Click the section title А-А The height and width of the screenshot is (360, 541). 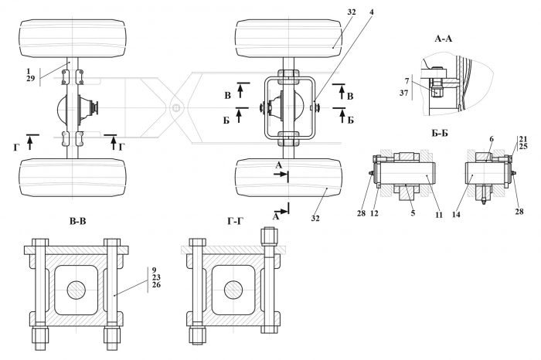[x=444, y=39]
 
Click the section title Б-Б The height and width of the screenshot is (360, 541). [x=440, y=133]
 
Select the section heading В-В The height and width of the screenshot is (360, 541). [x=77, y=221]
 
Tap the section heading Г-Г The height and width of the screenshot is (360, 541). [x=235, y=221]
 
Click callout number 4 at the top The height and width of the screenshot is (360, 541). [x=371, y=12]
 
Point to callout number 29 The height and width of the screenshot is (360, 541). [x=31, y=78]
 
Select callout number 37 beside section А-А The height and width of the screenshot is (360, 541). [x=404, y=93]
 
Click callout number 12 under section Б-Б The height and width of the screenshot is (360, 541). [x=374, y=214]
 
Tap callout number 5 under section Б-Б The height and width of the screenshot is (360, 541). [x=413, y=213]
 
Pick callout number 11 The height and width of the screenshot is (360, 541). [x=438, y=215]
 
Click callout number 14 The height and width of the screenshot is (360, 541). [x=456, y=215]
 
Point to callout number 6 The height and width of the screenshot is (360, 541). [x=492, y=139]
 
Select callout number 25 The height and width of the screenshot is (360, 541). [x=523, y=146]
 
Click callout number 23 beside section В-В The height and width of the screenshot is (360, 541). [x=156, y=277]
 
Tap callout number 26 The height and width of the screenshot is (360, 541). [x=156, y=285]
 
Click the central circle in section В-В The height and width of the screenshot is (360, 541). [x=77, y=290]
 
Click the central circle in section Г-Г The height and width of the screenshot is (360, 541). [x=233, y=290]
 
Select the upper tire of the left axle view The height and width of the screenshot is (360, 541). [x=73, y=39]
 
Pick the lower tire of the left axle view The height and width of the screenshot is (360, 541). [x=73, y=178]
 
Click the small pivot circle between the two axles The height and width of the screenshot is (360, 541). [x=177, y=108]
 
